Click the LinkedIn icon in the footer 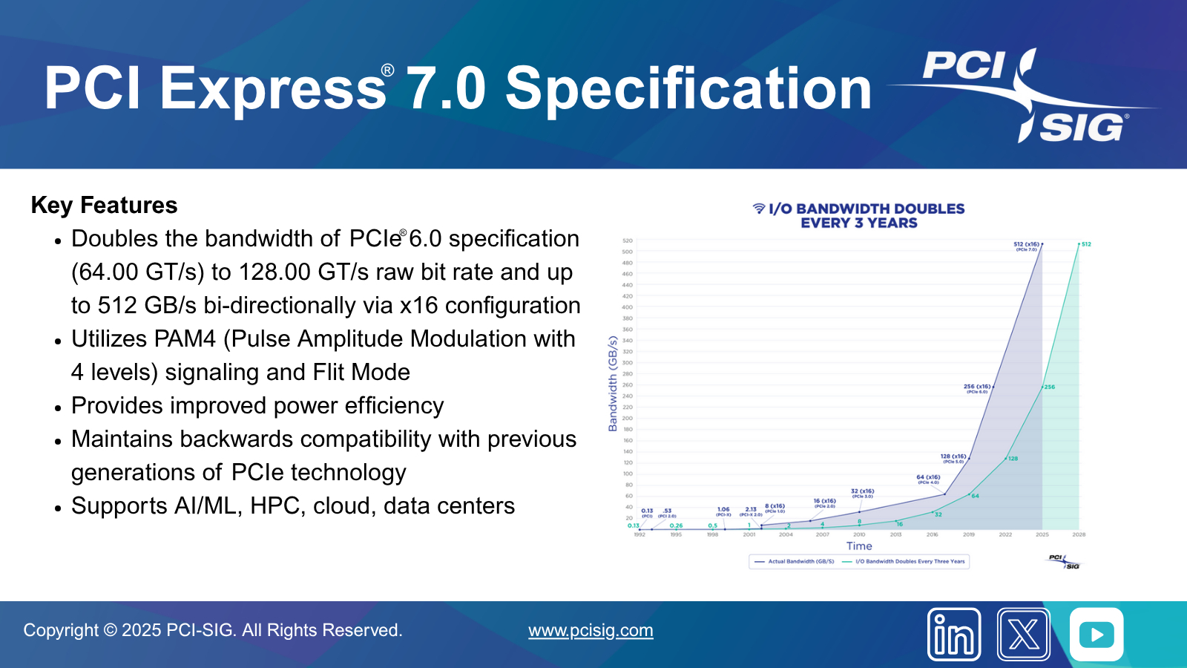pos(954,635)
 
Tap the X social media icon pos(1024,635)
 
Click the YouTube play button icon pos(1096,635)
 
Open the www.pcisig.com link pos(591,630)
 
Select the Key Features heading pos(105,205)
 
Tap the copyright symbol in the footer pos(110,630)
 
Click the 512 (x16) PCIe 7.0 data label pos(1027,246)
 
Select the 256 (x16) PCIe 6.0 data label pos(977,388)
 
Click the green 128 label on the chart pos(1013,459)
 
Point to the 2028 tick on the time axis pos(1079,534)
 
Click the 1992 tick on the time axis pos(639,534)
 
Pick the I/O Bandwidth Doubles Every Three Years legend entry pos(904,561)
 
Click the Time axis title pos(859,546)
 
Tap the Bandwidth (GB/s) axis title pos(613,383)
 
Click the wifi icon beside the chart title pos(759,209)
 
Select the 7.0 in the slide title pos(446,89)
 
